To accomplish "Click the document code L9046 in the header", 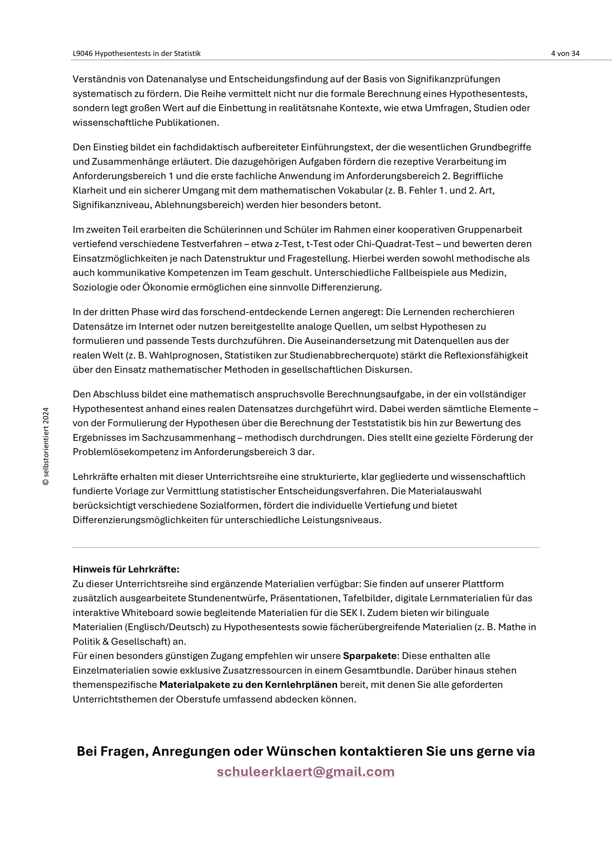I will tap(82, 53).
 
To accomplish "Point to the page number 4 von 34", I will tap(565, 53).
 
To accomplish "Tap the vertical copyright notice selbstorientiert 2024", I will tap(46, 446).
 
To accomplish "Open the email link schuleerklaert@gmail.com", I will tap(306, 772).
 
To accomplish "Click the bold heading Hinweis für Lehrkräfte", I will tap(126, 569).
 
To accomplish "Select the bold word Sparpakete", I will tap(369, 656).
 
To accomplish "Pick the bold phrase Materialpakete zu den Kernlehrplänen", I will tap(248, 685).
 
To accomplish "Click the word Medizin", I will tap(490, 273).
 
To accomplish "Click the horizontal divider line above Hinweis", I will tap(306, 548).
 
